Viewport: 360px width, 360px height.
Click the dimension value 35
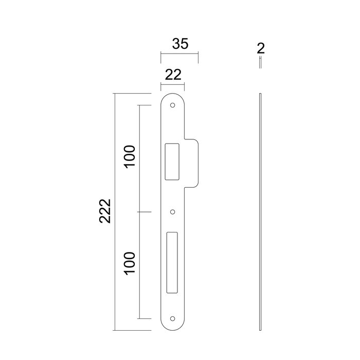pyautogui.click(x=179, y=44)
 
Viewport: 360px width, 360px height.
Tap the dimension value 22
pyautogui.click(x=173, y=75)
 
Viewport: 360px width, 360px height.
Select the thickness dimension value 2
pyautogui.click(x=260, y=49)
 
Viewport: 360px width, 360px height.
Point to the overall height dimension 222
pyautogui.click(x=105, y=211)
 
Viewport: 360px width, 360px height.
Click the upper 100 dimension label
pyautogui.click(x=130, y=157)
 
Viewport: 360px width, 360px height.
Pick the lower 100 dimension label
pyautogui.click(x=130, y=263)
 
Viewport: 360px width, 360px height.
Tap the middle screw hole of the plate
pyautogui.click(x=173, y=211)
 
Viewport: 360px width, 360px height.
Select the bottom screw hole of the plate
pyautogui.click(x=173, y=319)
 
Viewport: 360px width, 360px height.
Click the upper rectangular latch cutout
pyautogui.click(x=171, y=161)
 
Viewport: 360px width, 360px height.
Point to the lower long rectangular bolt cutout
pyautogui.click(x=172, y=260)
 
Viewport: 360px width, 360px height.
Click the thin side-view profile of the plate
pyautogui.click(x=261, y=211)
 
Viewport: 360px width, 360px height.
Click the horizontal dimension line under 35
pyautogui.click(x=179, y=53)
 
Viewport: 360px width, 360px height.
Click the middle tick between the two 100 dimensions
pyautogui.click(x=145, y=211)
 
